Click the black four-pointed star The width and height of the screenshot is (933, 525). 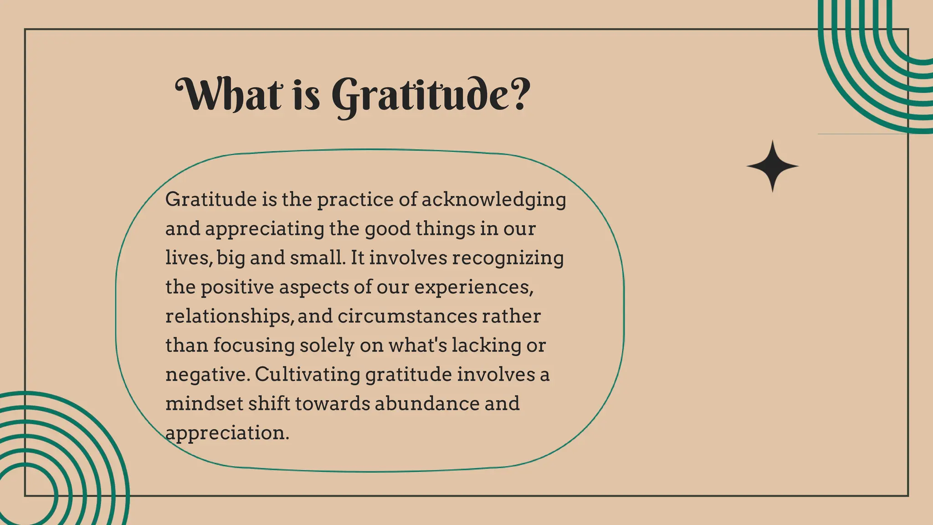[772, 166]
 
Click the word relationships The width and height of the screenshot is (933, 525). [230, 317]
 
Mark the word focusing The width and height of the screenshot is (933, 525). [254, 345]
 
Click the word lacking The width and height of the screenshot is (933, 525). [486, 345]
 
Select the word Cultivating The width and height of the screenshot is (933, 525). [308, 375]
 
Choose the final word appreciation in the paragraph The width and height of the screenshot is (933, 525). [227, 433]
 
